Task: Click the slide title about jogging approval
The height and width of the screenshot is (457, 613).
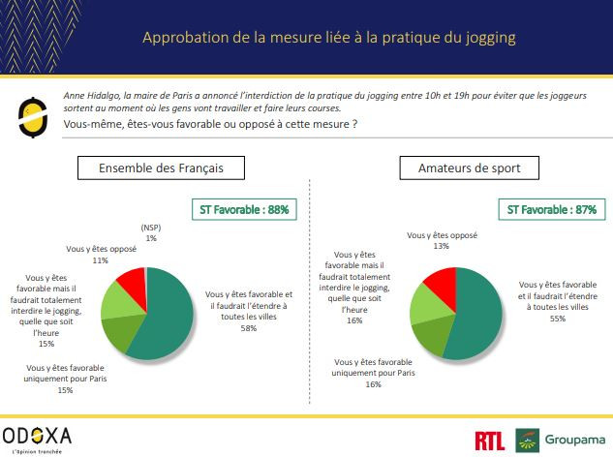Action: coord(328,38)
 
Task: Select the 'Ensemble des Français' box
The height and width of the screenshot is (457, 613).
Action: coord(161,168)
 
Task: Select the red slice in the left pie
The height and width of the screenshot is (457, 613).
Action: coord(133,283)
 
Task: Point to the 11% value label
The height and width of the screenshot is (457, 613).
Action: coord(100,260)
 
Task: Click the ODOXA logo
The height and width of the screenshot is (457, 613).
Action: coord(36,435)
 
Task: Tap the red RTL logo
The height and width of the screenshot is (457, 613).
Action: coord(490,442)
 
